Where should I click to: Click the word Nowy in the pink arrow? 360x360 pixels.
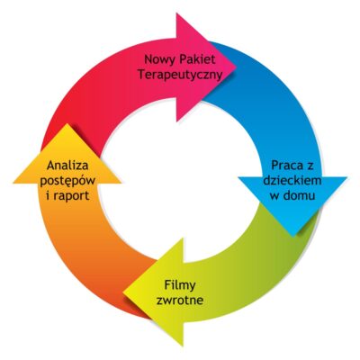[x=159, y=59]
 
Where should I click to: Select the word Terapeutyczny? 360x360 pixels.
[x=180, y=75]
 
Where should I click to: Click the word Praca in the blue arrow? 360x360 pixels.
[x=285, y=166]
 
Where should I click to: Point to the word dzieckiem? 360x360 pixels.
[x=292, y=181]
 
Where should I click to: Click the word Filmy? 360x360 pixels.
[x=180, y=285]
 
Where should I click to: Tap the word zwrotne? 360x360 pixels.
[x=180, y=301]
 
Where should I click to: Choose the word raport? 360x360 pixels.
[x=71, y=196]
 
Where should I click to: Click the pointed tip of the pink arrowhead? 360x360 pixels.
[x=237, y=67]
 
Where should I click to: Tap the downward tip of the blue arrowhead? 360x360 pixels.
[x=292, y=237]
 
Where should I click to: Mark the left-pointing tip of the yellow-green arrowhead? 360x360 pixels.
[x=123, y=292]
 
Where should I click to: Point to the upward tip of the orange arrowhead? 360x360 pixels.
[x=67, y=124]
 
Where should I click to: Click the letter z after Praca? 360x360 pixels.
[x=309, y=166]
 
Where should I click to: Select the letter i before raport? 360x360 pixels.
[x=49, y=195]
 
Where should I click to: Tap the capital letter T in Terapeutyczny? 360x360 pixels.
[x=141, y=75]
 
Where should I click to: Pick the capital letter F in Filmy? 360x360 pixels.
[x=167, y=285]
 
